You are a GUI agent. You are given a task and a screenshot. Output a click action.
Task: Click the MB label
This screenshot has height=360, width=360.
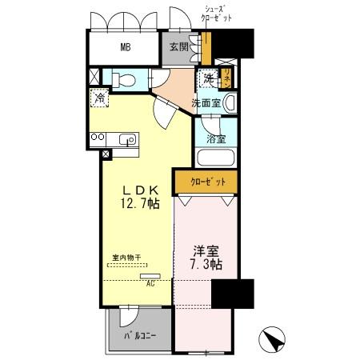coord(126,46)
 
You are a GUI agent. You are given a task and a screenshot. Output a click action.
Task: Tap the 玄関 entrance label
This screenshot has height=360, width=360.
coord(178,46)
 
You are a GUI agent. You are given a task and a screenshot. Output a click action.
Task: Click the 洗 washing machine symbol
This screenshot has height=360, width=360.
coord(208,78)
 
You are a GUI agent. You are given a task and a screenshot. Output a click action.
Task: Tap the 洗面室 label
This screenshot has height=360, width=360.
coord(205,102)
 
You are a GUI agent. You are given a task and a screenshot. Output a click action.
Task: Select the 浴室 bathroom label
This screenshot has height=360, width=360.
coord(215,137)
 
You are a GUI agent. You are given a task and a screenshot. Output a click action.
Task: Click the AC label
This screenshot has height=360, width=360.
coord(150,282)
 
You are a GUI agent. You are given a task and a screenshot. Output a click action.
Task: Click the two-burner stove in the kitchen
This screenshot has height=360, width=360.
coord(98,138)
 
